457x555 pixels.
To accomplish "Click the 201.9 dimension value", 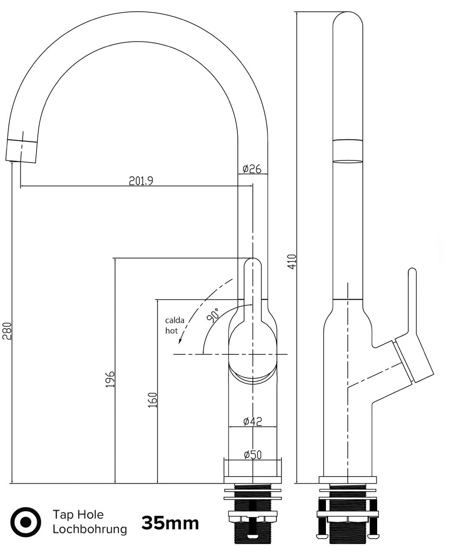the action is [x=141, y=181].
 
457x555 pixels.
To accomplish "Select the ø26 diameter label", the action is [x=252, y=169].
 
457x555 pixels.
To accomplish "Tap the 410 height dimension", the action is [x=293, y=261].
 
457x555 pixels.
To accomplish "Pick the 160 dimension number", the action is [x=152, y=400].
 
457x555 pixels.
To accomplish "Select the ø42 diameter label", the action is [x=253, y=421].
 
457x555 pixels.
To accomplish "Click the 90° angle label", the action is [x=213, y=315].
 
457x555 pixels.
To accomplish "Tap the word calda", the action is [x=174, y=320].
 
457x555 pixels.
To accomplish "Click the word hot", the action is [x=171, y=331].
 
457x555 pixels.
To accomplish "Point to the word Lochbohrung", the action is [x=90, y=529].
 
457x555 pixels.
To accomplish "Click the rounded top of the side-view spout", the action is [x=348, y=18].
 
